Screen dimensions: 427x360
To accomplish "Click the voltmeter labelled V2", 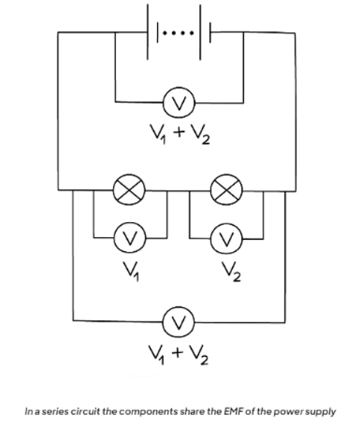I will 224,239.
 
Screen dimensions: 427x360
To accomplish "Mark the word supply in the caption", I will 322,411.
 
